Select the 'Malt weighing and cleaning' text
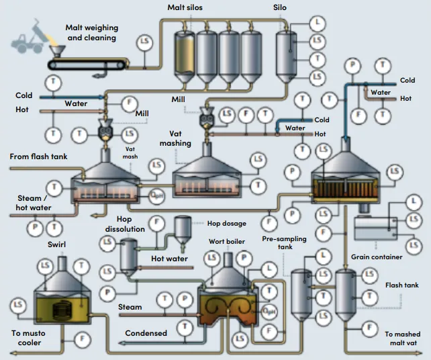pos(92,33)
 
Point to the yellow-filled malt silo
pos(183,54)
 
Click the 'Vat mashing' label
pos(175,138)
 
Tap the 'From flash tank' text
pos(39,157)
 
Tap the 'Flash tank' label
pos(403,285)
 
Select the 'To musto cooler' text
pos(26,338)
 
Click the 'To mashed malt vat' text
pos(402,338)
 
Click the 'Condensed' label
pos(146,333)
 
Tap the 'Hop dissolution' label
pos(124,224)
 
